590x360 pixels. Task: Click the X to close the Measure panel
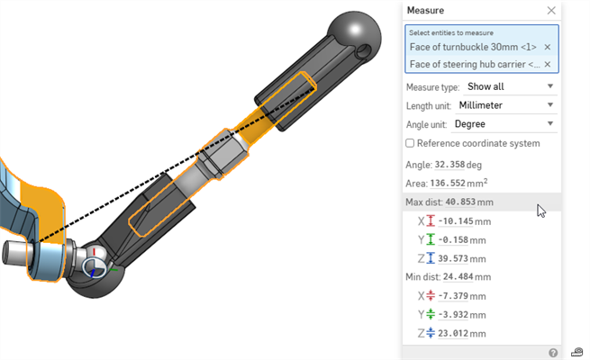pos(551,11)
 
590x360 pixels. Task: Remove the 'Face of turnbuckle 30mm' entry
pos(547,47)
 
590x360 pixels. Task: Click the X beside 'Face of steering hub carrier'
pos(547,65)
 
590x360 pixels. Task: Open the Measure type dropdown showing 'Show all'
pos(509,86)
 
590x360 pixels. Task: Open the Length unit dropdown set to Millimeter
pos(509,105)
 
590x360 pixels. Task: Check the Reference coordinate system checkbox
pos(411,143)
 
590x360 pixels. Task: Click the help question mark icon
pos(553,353)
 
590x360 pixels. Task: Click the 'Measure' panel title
pos(425,11)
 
